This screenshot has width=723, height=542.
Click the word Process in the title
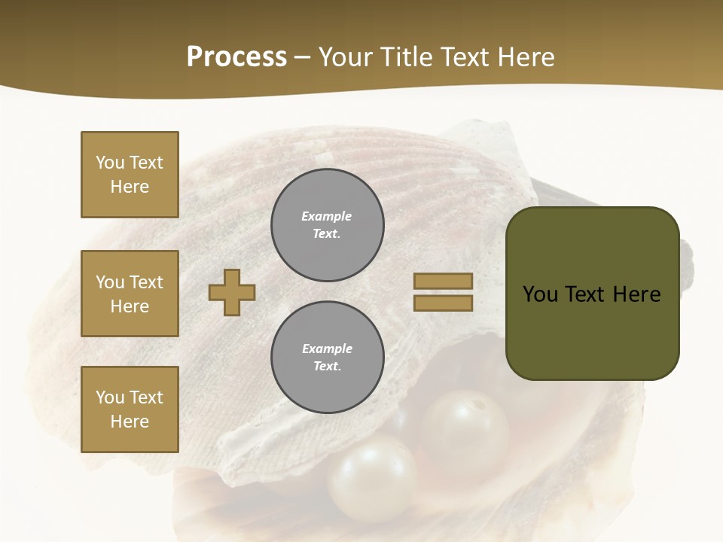coord(236,57)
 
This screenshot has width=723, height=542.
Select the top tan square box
coord(130,175)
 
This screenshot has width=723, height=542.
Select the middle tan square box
coord(130,294)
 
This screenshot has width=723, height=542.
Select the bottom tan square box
coord(130,410)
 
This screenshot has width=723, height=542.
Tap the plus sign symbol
coord(232,291)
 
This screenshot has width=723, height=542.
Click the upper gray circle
coord(328,225)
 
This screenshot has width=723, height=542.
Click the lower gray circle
coord(328,358)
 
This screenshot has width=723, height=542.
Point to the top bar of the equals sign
coord(443,282)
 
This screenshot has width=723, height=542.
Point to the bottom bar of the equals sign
coord(443,303)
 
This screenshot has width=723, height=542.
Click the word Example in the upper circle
coord(327,216)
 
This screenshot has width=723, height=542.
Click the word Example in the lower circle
coord(327,349)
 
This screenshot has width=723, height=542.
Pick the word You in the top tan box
coord(110,163)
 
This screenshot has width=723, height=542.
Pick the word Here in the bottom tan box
coord(130,422)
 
